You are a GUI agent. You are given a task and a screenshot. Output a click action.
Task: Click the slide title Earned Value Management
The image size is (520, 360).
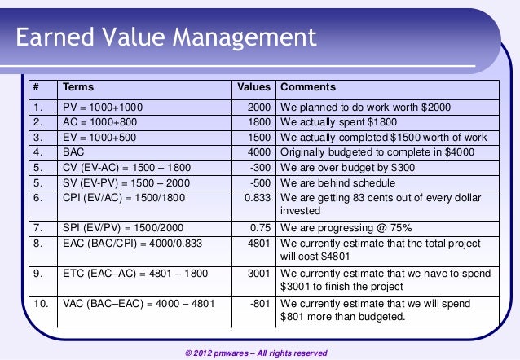[165, 37]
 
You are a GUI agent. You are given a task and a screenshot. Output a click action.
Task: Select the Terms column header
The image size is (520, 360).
[78, 87]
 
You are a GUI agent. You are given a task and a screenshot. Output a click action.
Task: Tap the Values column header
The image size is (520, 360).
[253, 87]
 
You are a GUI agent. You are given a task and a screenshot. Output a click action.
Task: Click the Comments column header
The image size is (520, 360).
[307, 87]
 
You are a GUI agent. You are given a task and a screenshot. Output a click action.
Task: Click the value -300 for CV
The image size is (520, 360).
[261, 166]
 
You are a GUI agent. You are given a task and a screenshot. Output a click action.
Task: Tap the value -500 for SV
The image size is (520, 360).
[261, 182]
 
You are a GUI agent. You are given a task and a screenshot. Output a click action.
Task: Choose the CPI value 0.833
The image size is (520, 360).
[258, 198]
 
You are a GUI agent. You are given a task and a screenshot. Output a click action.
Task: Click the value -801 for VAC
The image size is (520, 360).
[261, 303]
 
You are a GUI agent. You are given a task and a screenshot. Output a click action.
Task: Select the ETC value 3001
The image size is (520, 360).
[259, 274]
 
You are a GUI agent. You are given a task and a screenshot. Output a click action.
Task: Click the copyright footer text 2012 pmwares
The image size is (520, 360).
[256, 353]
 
